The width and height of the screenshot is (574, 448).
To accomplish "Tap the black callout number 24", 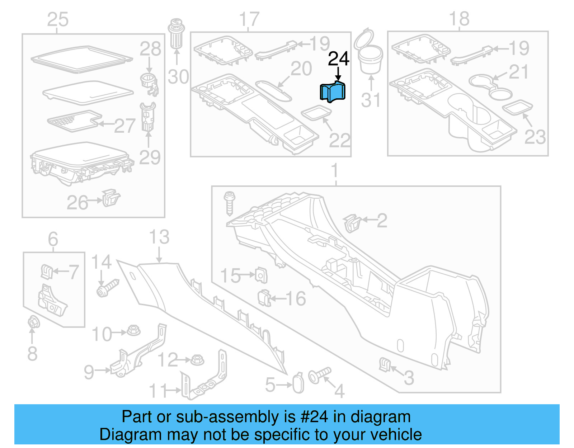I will (338, 59).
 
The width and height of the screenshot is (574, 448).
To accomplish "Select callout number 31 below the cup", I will (371, 100).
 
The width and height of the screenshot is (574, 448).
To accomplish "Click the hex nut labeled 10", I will (133, 330).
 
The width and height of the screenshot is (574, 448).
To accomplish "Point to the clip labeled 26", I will (111, 198).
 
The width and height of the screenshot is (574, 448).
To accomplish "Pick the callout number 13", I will (159, 237).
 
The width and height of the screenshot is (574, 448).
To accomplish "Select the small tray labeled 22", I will (316, 113).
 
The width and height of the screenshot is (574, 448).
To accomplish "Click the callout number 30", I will (178, 77).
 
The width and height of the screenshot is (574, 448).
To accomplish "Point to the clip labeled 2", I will (352, 223).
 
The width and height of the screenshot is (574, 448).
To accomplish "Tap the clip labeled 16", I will (264, 298).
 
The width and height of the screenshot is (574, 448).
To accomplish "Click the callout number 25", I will (57, 20).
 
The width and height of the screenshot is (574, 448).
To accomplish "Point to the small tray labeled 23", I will (517, 107).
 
